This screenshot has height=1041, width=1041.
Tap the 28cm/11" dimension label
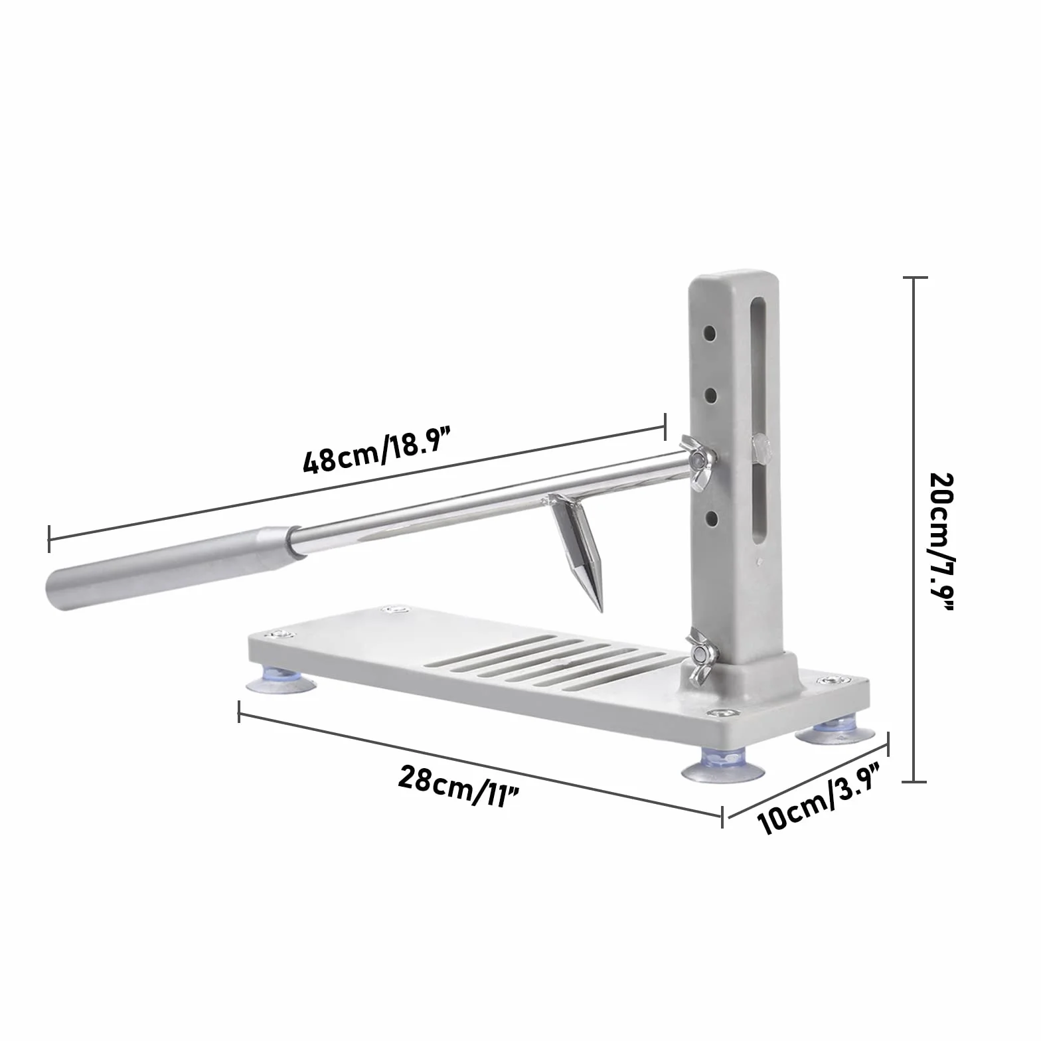coord(458,785)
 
